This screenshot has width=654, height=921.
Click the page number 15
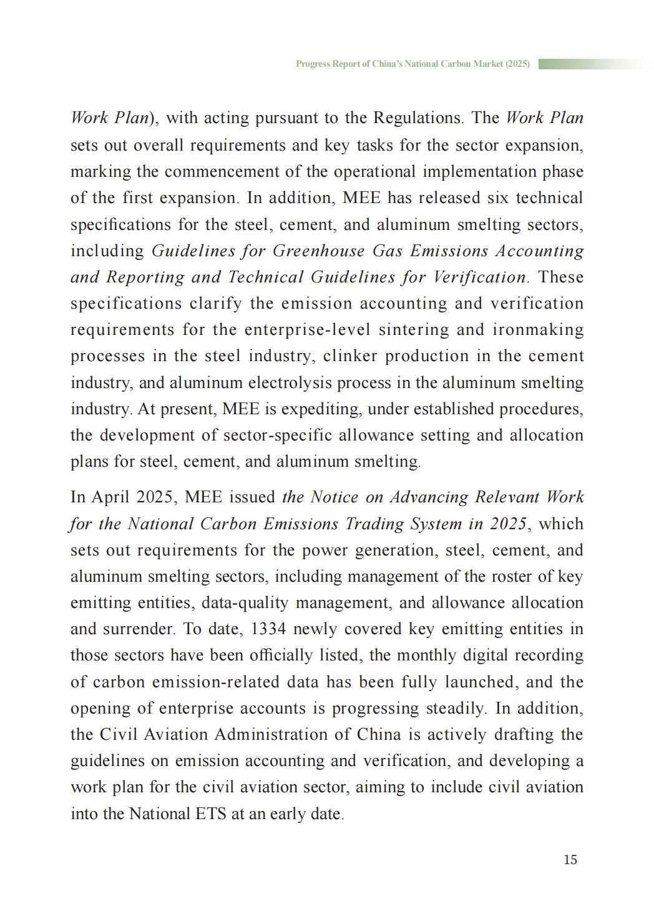point(570,860)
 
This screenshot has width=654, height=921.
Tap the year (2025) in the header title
point(517,64)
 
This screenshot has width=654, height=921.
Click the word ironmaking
point(538,330)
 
